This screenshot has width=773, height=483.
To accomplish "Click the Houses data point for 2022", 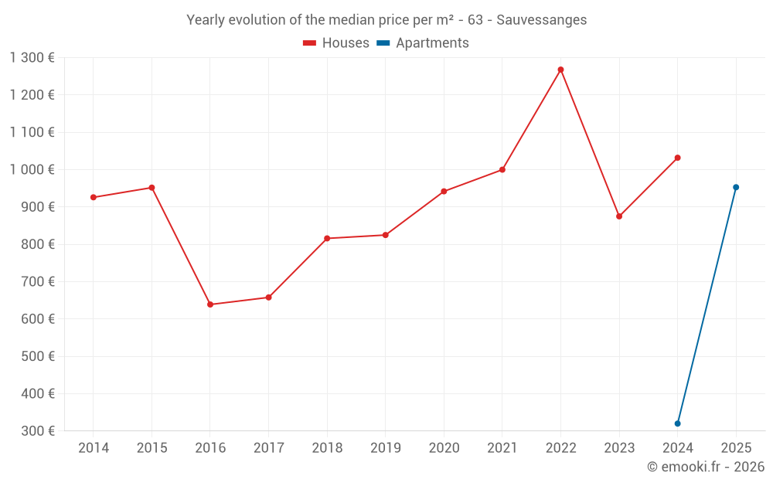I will point(560,70).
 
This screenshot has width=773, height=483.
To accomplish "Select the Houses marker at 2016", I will point(210,304).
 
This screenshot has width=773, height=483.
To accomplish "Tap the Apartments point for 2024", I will point(677,423).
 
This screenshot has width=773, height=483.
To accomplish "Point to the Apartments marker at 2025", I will point(736,187).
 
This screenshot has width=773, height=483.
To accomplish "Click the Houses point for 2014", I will point(94,197).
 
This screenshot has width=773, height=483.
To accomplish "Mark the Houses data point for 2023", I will point(619,216).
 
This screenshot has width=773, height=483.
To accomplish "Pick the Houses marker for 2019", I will point(386,235).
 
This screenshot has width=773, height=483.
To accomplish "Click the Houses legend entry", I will point(336,43).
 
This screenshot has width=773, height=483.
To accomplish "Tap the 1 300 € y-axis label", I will point(32,57).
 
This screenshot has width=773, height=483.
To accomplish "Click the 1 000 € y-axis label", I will point(32,169).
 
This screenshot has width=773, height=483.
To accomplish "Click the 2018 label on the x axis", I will point(327,448).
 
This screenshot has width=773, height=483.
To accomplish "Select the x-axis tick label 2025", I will point(736,448).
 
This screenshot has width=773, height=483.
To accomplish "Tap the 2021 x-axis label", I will point(502,448).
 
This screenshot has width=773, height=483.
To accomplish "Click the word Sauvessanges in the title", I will point(541,20).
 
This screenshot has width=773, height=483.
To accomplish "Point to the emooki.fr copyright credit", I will point(705,467).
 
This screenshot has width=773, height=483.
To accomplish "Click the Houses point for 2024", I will point(677,158).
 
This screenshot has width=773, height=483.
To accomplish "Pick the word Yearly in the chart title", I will point(205,20).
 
